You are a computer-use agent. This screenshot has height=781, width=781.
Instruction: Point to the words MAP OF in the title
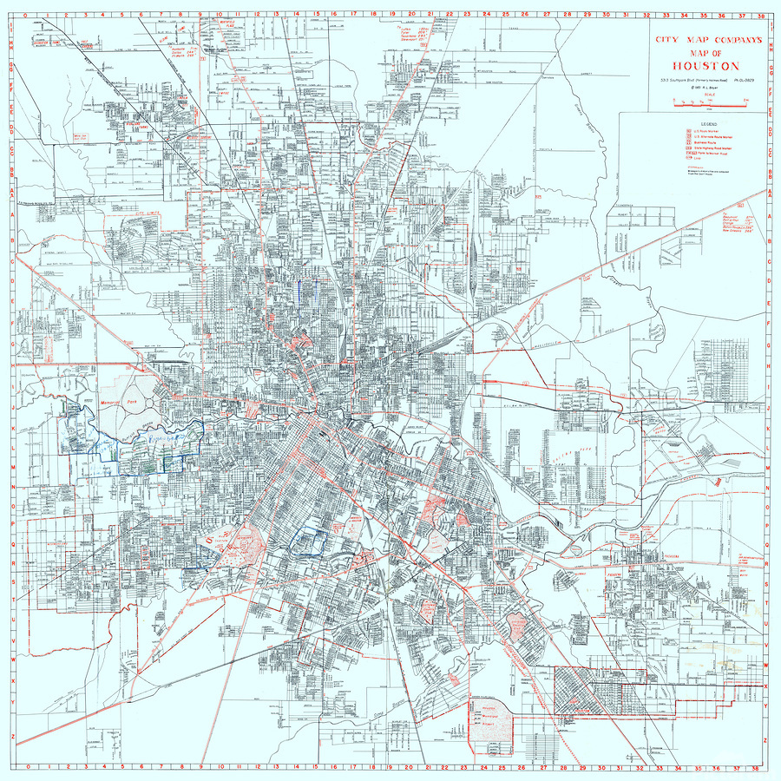tap(704, 51)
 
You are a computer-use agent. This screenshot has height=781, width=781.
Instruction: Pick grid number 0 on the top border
tap(29, 14)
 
